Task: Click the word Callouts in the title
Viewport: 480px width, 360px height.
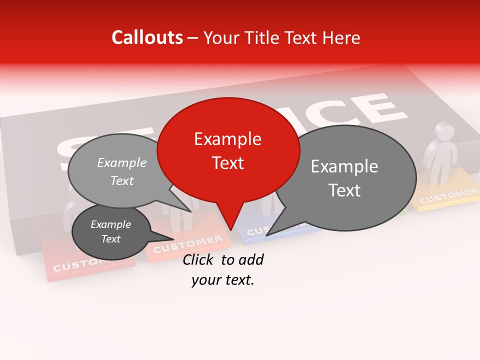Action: point(147,37)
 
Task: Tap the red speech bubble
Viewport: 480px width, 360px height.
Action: point(228,150)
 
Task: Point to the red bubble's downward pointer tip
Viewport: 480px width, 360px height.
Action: point(230,229)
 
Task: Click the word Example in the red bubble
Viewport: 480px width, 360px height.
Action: point(227,139)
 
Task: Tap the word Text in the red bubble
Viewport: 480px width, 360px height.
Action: point(227,163)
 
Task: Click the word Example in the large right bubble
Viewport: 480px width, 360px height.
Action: point(344,166)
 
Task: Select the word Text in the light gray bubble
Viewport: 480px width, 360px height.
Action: point(122,181)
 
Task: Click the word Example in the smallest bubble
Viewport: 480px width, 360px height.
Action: point(111,224)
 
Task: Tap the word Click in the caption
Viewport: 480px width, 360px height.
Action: point(199,259)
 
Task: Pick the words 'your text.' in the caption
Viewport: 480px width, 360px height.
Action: point(223,280)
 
